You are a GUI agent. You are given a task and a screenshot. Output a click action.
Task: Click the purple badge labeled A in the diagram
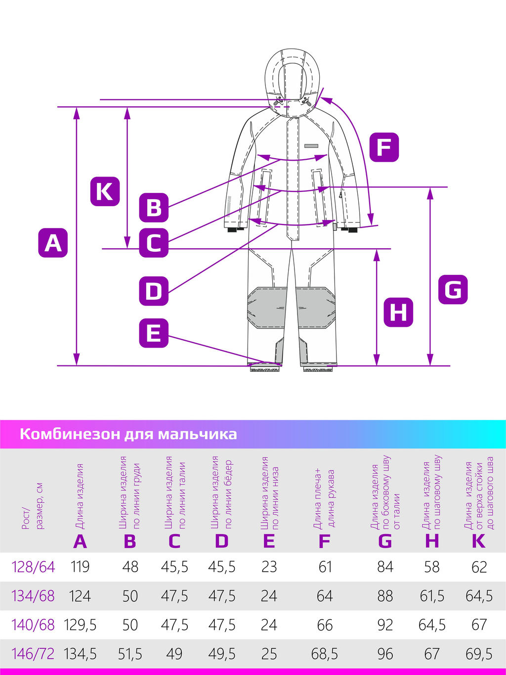53,242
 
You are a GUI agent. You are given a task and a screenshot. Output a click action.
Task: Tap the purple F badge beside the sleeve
384,147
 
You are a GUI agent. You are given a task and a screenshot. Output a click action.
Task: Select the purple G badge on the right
453,289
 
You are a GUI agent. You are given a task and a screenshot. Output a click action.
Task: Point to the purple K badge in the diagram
105,191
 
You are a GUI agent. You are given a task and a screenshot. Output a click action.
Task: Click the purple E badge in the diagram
154,333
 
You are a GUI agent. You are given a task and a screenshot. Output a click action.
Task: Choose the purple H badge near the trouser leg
398,312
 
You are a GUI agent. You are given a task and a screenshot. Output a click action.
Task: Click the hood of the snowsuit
293,74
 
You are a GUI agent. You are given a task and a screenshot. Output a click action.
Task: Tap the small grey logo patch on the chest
311,146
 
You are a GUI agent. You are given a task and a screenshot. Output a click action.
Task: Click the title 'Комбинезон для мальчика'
128,434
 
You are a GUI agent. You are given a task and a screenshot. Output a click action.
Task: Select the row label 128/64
33,567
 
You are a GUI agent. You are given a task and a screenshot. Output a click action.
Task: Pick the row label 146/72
33,654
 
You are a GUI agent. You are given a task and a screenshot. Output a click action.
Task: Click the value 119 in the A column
80,567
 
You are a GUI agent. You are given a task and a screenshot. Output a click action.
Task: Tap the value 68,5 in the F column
325,654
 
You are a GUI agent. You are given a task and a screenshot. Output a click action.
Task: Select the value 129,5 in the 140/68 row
80,625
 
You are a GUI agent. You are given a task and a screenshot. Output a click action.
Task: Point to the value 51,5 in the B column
130,654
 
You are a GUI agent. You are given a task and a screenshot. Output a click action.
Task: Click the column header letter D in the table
222,541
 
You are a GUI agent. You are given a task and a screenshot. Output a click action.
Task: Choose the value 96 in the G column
385,654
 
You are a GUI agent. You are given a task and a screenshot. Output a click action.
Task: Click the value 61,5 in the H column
432,596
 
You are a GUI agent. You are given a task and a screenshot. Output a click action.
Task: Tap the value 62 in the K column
479,567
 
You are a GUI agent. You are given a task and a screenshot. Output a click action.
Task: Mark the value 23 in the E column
269,567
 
